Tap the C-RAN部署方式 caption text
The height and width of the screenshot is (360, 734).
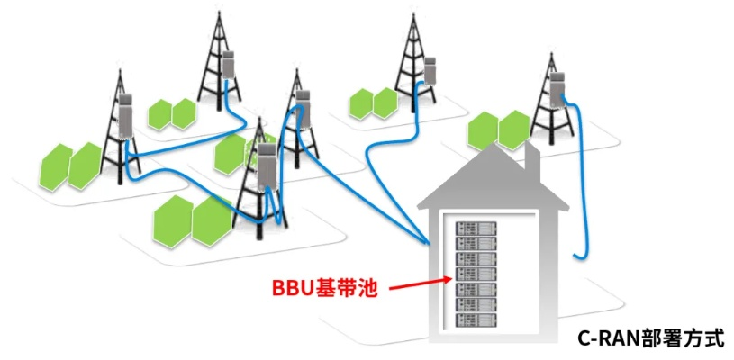coord(651,338)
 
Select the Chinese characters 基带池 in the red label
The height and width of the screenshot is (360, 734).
coord(345,290)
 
